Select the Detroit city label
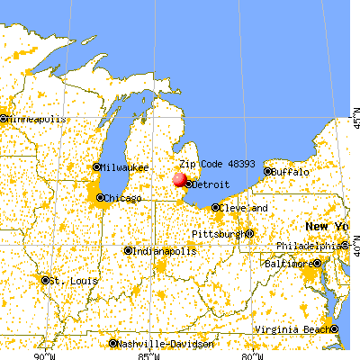tap(209, 184)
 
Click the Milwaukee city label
tap(125, 166)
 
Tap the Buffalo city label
tap(290, 171)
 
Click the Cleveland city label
tap(246, 208)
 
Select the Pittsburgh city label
tap(217, 234)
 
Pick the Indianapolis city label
tap(166, 251)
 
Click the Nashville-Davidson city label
tap(166, 344)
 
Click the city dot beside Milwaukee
tap(97, 166)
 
